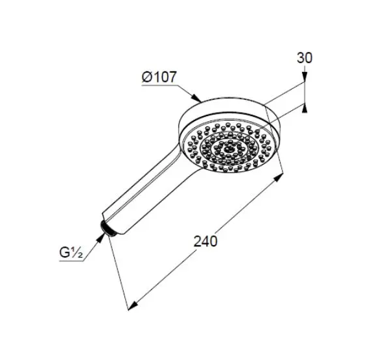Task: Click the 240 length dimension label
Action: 205,241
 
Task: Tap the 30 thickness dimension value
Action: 305,58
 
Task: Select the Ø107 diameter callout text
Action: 159,77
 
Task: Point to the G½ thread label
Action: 71,252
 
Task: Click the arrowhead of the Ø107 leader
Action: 196,97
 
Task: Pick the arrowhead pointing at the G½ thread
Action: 101,237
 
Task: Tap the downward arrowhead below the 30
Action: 305,77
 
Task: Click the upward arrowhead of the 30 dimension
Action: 305,108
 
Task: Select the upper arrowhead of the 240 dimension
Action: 278,178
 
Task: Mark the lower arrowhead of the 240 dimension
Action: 133,306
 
